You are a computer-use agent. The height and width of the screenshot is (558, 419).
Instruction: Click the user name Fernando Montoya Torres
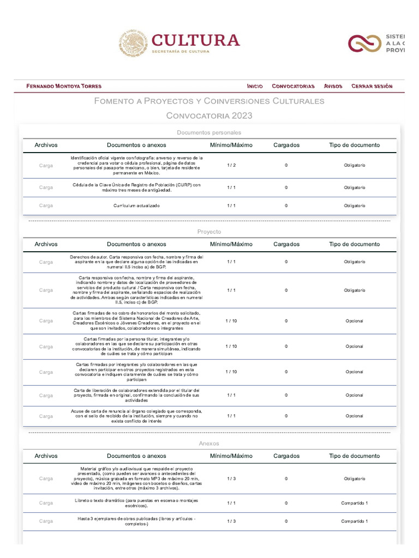click(x=64, y=86)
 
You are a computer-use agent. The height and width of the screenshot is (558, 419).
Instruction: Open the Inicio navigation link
click(x=255, y=86)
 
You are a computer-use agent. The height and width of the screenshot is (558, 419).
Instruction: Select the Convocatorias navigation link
click(x=293, y=86)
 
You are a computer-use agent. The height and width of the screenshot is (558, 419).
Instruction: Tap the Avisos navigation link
click(x=333, y=86)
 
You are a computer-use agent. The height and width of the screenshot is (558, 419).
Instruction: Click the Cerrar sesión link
click(x=372, y=86)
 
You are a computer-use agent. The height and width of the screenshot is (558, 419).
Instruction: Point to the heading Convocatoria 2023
click(x=209, y=116)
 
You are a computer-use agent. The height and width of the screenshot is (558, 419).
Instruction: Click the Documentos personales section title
click(x=209, y=132)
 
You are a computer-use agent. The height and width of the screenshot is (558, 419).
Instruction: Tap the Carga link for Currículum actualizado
click(x=46, y=205)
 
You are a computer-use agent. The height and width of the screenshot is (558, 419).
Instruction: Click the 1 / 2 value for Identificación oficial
click(x=231, y=165)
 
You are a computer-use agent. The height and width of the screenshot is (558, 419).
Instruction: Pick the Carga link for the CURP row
click(x=46, y=187)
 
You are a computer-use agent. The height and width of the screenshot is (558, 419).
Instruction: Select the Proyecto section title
click(x=209, y=232)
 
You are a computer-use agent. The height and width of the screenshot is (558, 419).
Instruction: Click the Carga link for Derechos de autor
click(x=46, y=262)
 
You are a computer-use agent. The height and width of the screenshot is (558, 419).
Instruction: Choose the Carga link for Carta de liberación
click(x=46, y=395)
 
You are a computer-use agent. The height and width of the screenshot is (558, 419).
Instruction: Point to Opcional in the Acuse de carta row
click(x=354, y=416)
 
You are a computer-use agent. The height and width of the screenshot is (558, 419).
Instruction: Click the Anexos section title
click(x=209, y=444)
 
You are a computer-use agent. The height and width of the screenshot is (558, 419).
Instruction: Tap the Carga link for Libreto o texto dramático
click(x=46, y=503)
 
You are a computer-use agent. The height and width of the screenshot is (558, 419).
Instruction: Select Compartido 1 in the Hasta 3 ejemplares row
click(x=354, y=521)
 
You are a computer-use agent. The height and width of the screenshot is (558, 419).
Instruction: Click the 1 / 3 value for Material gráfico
click(x=231, y=478)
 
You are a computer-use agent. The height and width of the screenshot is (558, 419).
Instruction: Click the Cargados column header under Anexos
click(x=286, y=456)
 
